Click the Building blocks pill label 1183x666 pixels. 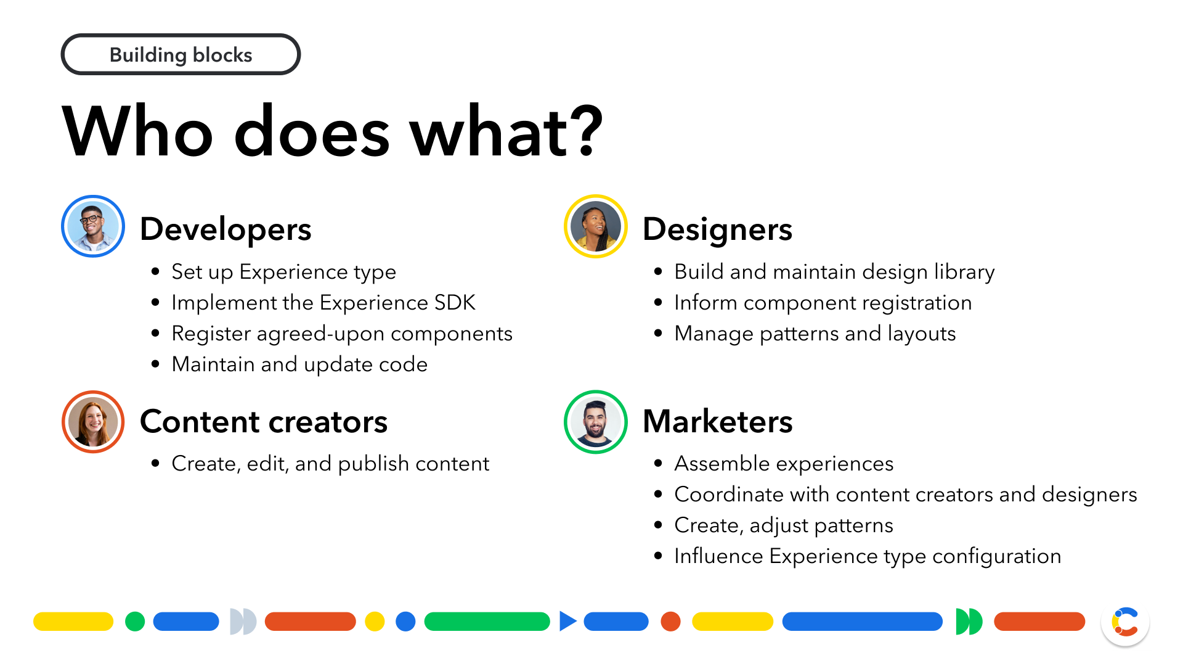click(x=181, y=55)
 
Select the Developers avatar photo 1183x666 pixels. click(x=93, y=226)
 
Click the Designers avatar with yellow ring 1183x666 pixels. click(x=596, y=226)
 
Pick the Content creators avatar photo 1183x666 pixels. click(x=93, y=422)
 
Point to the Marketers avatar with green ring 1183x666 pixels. click(x=596, y=422)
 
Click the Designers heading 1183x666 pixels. click(x=717, y=229)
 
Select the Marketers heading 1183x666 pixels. click(x=717, y=422)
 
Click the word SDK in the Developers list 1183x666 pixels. click(x=455, y=303)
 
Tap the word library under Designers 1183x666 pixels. click(x=964, y=273)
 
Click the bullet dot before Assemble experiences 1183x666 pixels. click(x=659, y=464)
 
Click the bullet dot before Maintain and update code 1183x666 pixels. click(x=156, y=364)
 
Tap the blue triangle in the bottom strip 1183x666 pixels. click(x=567, y=621)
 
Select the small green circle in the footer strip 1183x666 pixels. click(x=135, y=622)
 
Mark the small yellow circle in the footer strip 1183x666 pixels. click(x=375, y=622)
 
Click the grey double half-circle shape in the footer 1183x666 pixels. click(x=243, y=622)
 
